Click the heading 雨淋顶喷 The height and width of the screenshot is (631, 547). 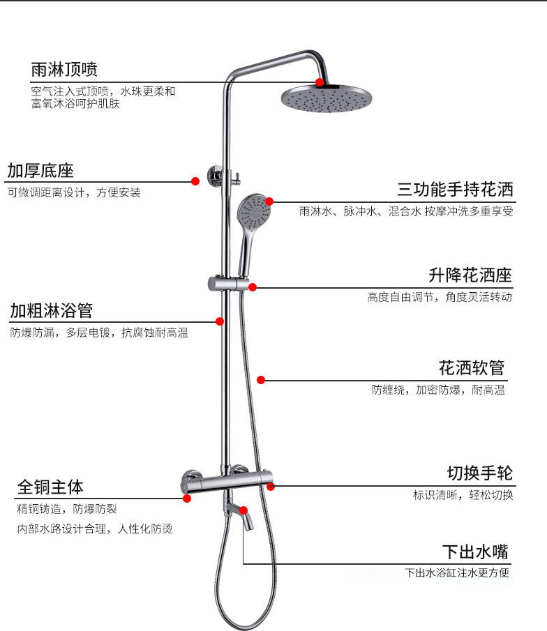coord(64,70)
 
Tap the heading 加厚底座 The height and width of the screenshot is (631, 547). coord(40,171)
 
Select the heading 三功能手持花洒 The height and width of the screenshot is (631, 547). coord(455,190)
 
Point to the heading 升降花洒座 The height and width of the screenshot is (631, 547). coord(470,275)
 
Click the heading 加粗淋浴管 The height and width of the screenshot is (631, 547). coord(51,310)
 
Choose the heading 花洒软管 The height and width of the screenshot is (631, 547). coord(471,367)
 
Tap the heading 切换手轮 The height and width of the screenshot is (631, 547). coord(479,474)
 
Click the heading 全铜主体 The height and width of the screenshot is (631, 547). coord(50,486)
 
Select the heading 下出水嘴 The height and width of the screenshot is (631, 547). coord(475,552)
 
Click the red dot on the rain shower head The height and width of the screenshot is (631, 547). coord(319,82)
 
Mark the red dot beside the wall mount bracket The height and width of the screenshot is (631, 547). coord(195,181)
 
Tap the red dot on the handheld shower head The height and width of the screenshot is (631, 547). coord(269,202)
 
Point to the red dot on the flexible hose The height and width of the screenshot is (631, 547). coord(261,380)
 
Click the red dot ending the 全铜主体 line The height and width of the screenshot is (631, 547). coord(187,498)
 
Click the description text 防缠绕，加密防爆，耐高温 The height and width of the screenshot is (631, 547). coord(438,390)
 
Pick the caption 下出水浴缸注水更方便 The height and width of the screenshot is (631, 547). coord(458,574)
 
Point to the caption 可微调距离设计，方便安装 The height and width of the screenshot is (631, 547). coord(74,192)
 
